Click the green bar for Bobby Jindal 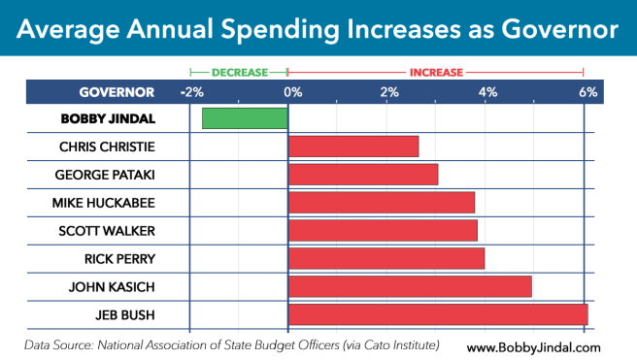245,118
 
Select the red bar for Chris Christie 353,147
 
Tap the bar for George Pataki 363,175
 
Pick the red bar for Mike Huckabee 382,203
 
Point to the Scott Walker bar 383,231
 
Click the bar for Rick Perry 386,259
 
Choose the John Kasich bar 410,287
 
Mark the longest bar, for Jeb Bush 438,315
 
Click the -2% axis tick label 191,92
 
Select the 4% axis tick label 487,92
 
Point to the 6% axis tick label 587,92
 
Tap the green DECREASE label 239,72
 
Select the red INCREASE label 436,72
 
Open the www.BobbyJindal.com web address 533,346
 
